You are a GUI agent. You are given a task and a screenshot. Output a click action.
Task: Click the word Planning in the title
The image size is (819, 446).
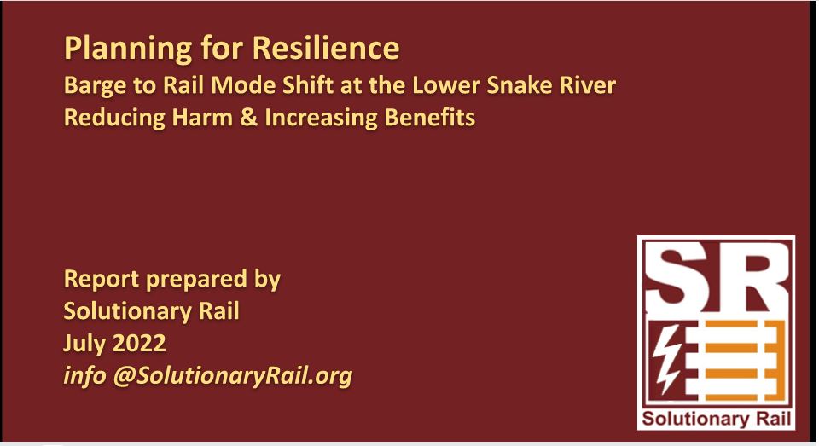[128, 49]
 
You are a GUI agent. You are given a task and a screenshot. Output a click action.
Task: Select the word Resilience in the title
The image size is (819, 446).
[326, 48]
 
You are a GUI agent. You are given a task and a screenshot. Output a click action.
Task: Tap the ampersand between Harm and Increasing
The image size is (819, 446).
[248, 118]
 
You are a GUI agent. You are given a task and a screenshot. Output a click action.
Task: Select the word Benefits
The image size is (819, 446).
[430, 117]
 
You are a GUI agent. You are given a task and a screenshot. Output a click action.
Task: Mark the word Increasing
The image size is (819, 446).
[321, 118]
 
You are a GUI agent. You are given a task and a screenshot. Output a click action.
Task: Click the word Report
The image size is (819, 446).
[101, 279]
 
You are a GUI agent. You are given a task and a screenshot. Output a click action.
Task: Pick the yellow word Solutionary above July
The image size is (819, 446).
[127, 312]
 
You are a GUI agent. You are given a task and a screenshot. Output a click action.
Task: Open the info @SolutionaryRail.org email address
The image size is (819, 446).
[208, 376]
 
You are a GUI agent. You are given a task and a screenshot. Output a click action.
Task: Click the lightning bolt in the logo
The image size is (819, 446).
[666, 358]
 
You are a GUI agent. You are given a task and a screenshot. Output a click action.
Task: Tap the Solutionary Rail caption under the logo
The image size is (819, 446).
[716, 420]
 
